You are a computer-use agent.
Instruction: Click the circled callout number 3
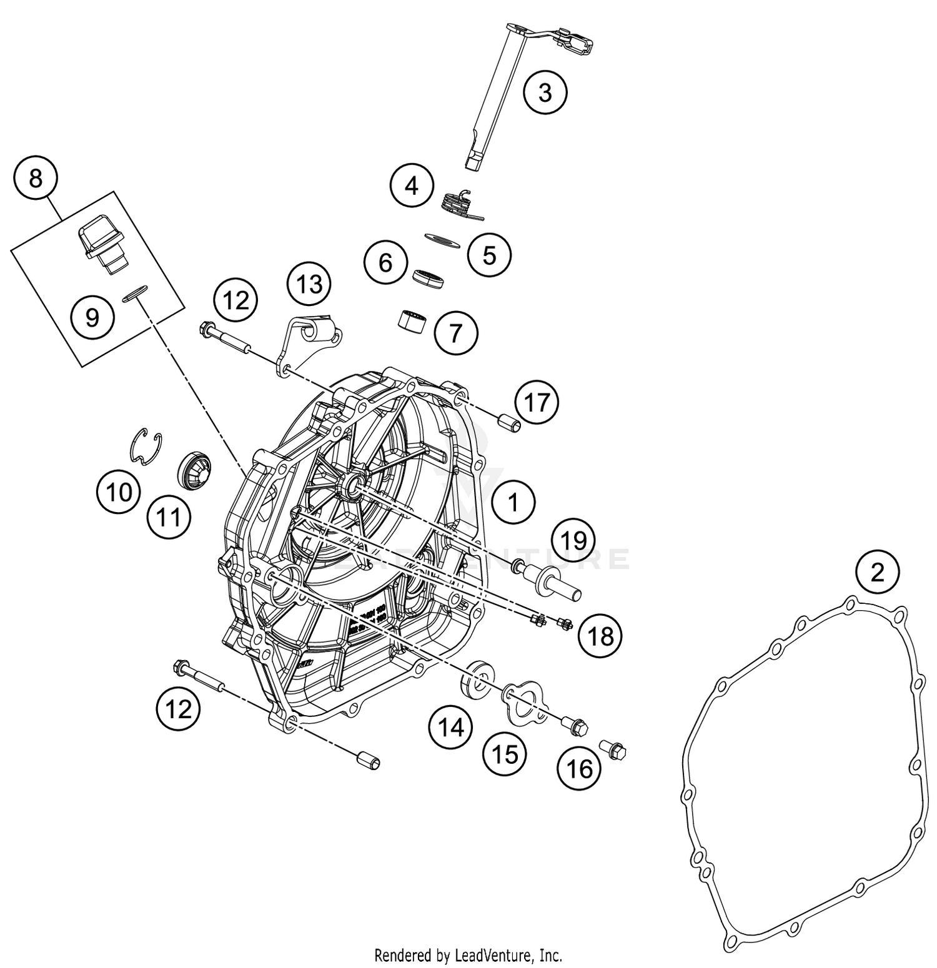545,93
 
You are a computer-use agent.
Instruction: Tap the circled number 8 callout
36,178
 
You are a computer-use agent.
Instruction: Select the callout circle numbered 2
877,571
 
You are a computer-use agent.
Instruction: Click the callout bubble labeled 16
579,768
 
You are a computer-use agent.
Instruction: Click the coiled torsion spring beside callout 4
460,204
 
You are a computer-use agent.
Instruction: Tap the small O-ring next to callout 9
135,293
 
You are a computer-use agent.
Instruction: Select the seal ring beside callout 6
430,278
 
